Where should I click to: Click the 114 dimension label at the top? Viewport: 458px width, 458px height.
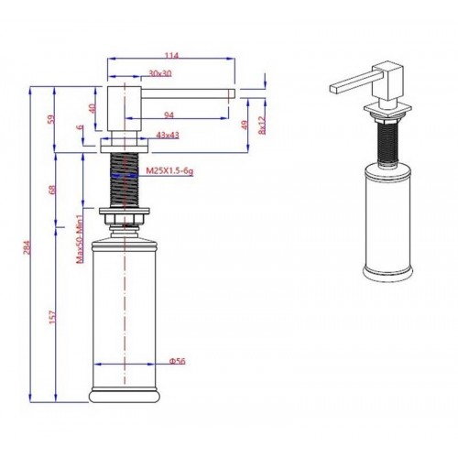point(171,56)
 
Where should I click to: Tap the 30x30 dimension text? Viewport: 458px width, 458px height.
point(160,73)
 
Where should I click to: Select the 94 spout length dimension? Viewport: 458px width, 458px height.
point(169,114)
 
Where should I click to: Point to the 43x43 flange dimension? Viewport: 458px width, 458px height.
point(168,135)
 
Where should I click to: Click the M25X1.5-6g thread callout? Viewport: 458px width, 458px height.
point(169,171)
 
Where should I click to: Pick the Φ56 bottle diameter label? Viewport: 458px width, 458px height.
point(178,361)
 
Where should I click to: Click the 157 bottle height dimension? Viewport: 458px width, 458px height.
point(52,317)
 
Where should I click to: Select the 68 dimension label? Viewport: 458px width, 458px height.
point(52,190)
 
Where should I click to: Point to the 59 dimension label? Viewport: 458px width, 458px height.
point(52,118)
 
